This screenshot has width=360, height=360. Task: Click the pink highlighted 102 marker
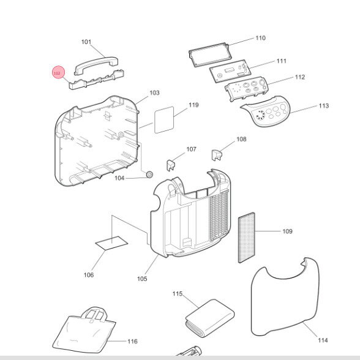click(59, 72)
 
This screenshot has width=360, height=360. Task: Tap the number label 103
click(154, 93)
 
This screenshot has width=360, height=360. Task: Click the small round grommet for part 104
click(149, 174)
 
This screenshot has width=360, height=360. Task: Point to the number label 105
click(142, 279)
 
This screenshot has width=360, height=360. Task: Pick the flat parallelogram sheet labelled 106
click(111, 242)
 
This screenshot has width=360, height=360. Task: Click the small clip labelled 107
click(170, 165)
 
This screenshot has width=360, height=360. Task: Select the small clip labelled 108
click(216, 156)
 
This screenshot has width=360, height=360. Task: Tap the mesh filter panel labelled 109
click(247, 238)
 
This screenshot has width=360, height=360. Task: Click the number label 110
click(261, 38)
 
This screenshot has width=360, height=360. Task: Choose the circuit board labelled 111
click(230, 71)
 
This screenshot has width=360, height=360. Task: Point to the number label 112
click(300, 77)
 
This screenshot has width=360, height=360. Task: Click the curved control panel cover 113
click(266, 111)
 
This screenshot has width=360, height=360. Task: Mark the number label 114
click(323, 340)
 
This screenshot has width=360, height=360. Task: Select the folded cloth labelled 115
click(210, 318)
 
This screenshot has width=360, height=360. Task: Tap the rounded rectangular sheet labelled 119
click(164, 120)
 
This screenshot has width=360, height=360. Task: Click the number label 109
click(288, 231)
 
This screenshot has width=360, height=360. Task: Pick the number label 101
click(86, 42)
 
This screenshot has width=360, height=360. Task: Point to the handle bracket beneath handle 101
click(97, 80)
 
